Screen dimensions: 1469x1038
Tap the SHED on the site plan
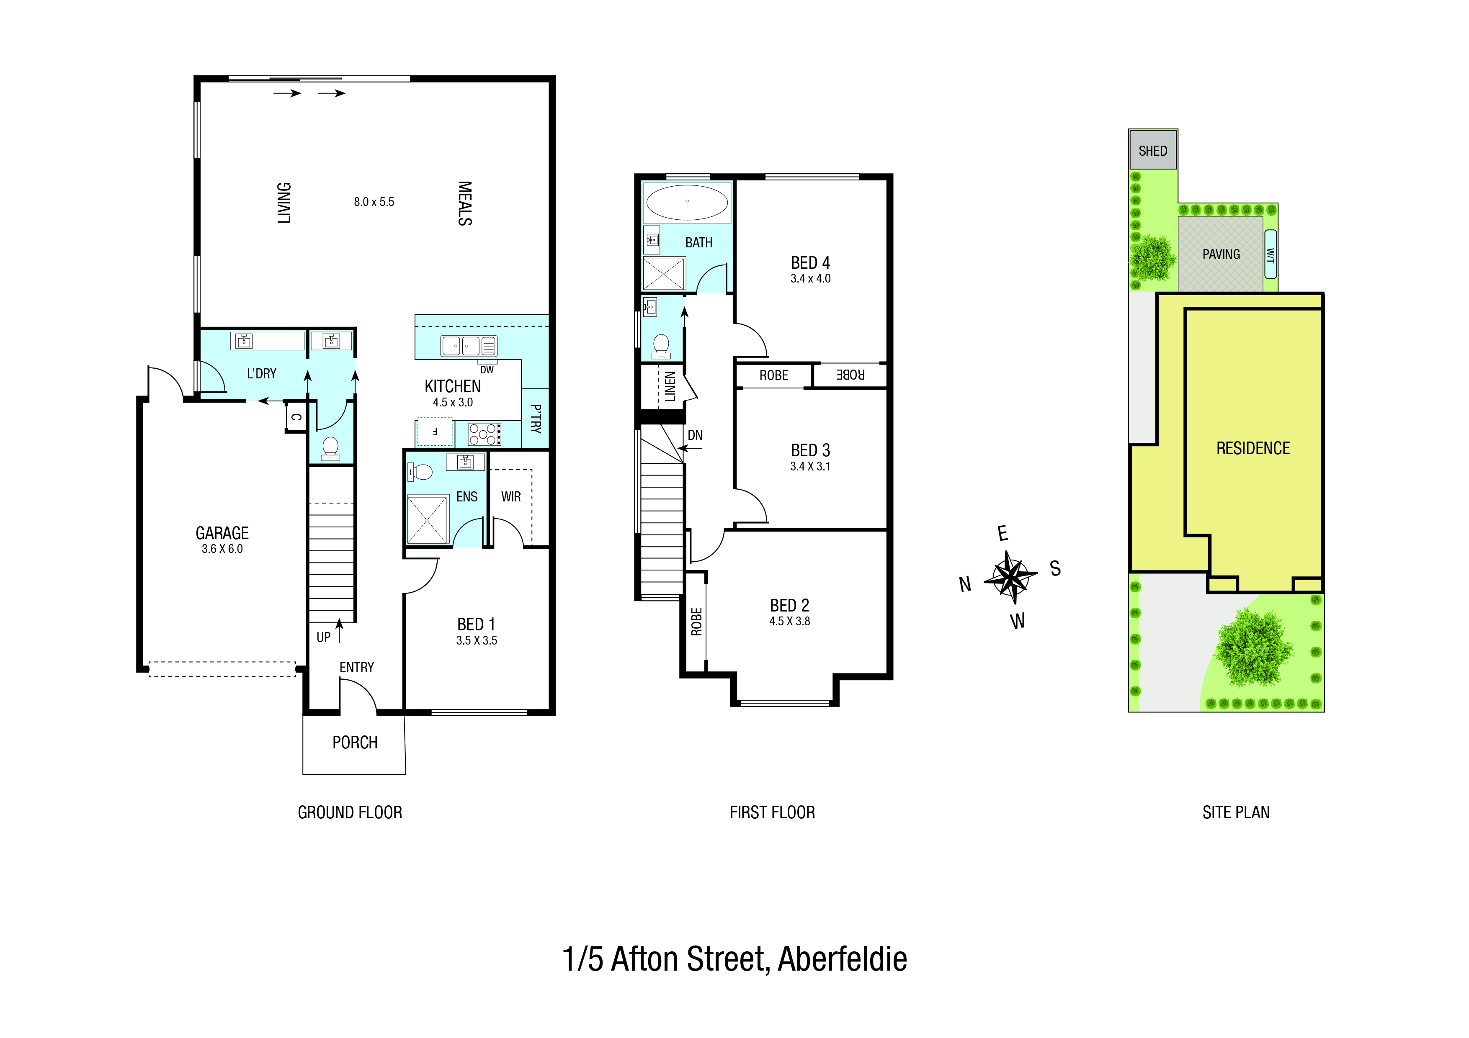point(1152,150)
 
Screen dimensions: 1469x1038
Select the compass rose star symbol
point(1011,577)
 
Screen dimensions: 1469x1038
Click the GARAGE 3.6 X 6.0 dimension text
point(222,549)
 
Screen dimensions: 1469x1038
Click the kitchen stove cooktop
point(485,434)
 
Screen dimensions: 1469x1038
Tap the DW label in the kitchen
point(487,370)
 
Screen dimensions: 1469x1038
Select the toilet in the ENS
point(420,473)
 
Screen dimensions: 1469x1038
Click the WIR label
point(510,497)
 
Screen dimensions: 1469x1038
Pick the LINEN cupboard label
point(670,386)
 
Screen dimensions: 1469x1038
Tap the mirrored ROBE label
point(850,375)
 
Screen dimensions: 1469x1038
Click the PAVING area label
point(1221,254)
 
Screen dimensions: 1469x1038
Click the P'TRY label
point(536,419)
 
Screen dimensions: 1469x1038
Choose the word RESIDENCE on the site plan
point(1253,448)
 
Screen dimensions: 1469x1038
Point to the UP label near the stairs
point(323,637)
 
